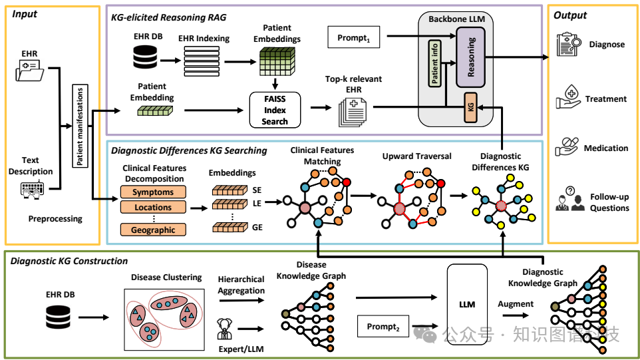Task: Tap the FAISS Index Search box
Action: (x=275, y=110)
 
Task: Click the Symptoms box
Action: (x=153, y=192)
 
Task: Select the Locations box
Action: (x=153, y=207)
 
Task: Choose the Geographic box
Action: (x=153, y=230)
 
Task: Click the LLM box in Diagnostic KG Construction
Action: (x=467, y=304)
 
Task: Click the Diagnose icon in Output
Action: (x=567, y=44)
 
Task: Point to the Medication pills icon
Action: (x=567, y=148)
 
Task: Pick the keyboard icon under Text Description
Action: (x=31, y=191)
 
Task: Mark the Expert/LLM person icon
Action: (x=224, y=328)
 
